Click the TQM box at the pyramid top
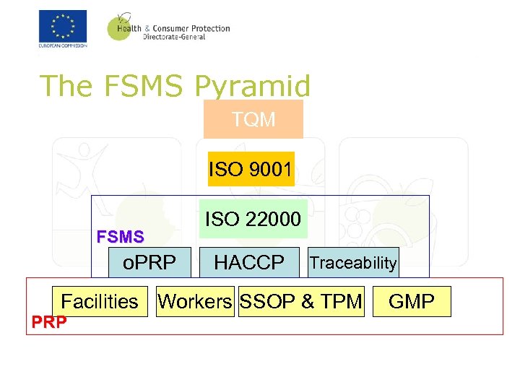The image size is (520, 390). [253, 119]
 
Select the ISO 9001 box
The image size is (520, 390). [251, 169]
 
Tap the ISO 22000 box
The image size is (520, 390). [253, 218]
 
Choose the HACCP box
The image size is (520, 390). [249, 262]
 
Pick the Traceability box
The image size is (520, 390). [353, 263]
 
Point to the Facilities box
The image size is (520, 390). [100, 301]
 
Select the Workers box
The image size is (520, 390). [195, 301]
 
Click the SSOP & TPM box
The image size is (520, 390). [301, 301]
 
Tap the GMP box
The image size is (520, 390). [412, 301]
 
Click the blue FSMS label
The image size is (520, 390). [121, 236]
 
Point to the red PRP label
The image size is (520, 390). [49, 322]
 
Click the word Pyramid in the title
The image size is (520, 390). [252, 86]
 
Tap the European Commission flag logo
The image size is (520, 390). [63, 27]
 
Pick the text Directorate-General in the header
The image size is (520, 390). [174, 37]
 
